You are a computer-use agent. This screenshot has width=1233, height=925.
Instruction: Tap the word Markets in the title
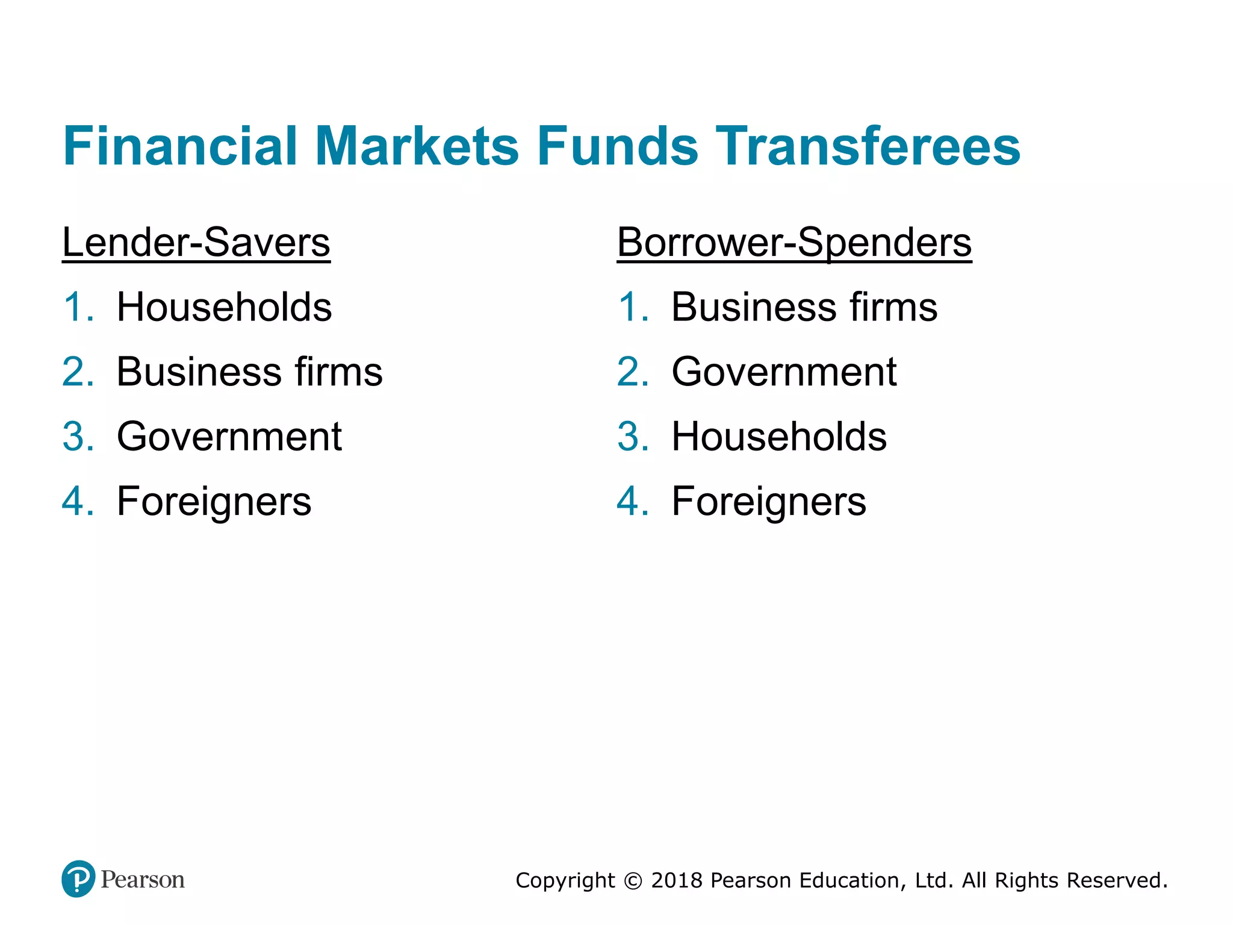tap(417, 146)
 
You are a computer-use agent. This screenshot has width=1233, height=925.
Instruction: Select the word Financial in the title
tap(180, 146)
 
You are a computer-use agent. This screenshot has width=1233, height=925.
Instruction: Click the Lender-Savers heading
tap(196, 243)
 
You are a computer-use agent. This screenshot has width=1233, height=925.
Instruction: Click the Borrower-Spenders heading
tap(794, 243)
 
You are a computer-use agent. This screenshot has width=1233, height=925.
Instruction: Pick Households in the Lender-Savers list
tap(224, 307)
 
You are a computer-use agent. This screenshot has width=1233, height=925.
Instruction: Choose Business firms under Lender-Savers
tap(249, 372)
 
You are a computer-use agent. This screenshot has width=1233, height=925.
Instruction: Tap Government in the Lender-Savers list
tap(229, 437)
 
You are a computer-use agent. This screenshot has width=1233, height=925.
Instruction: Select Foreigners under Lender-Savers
tap(214, 501)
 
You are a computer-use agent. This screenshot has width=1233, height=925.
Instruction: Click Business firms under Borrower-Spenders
tap(804, 307)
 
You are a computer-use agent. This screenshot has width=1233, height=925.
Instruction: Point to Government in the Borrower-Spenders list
tap(784, 372)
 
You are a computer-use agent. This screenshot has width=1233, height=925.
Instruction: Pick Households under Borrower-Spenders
tap(779, 437)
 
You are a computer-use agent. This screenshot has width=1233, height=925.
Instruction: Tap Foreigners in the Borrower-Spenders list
tap(769, 501)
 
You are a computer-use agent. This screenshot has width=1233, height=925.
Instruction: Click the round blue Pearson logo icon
tap(78, 879)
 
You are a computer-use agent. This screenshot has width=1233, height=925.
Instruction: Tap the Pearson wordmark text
tap(143, 880)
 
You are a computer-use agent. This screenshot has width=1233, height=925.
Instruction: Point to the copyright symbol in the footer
tap(633, 881)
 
